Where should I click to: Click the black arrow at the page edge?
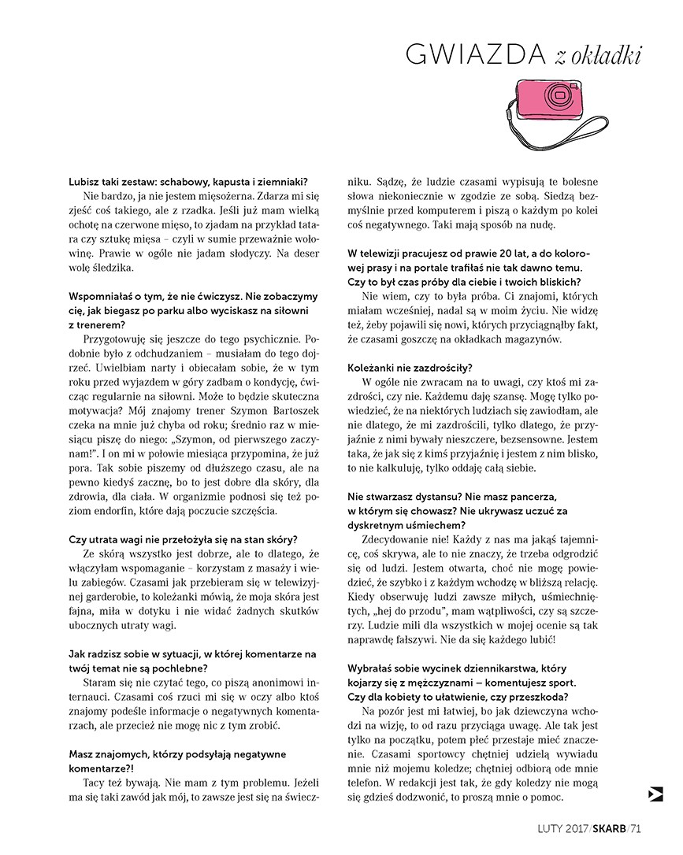pos(655,794)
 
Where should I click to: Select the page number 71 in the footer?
pos(637,827)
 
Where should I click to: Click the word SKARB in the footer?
pos(610,827)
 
